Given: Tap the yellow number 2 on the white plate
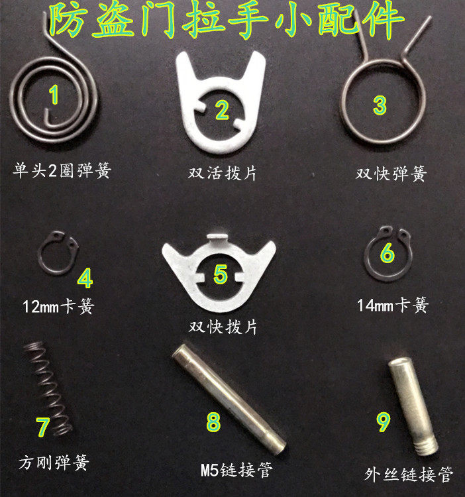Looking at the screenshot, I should pyautogui.click(x=221, y=110).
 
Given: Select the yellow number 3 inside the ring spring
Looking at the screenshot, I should pyautogui.click(x=380, y=105).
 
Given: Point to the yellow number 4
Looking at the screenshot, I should pyautogui.click(x=85, y=278).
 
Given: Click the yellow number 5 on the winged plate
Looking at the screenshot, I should pyautogui.click(x=221, y=274).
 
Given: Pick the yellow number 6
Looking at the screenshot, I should pyautogui.click(x=387, y=253).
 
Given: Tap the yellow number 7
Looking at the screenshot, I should pyautogui.click(x=44, y=427).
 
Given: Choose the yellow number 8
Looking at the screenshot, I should pyautogui.click(x=213, y=422).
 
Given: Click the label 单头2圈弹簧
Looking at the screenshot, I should pyautogui.click(x=62, y=171).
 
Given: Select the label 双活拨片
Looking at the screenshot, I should pyautogui.click(x=222, y=174).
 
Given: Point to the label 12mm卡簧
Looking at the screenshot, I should pyautogui.click(x=58, y=307).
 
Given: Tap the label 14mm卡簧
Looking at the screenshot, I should pyautogui.click(x=393, y=305).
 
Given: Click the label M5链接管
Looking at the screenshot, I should pyautogui.click(x=236, y=471).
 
